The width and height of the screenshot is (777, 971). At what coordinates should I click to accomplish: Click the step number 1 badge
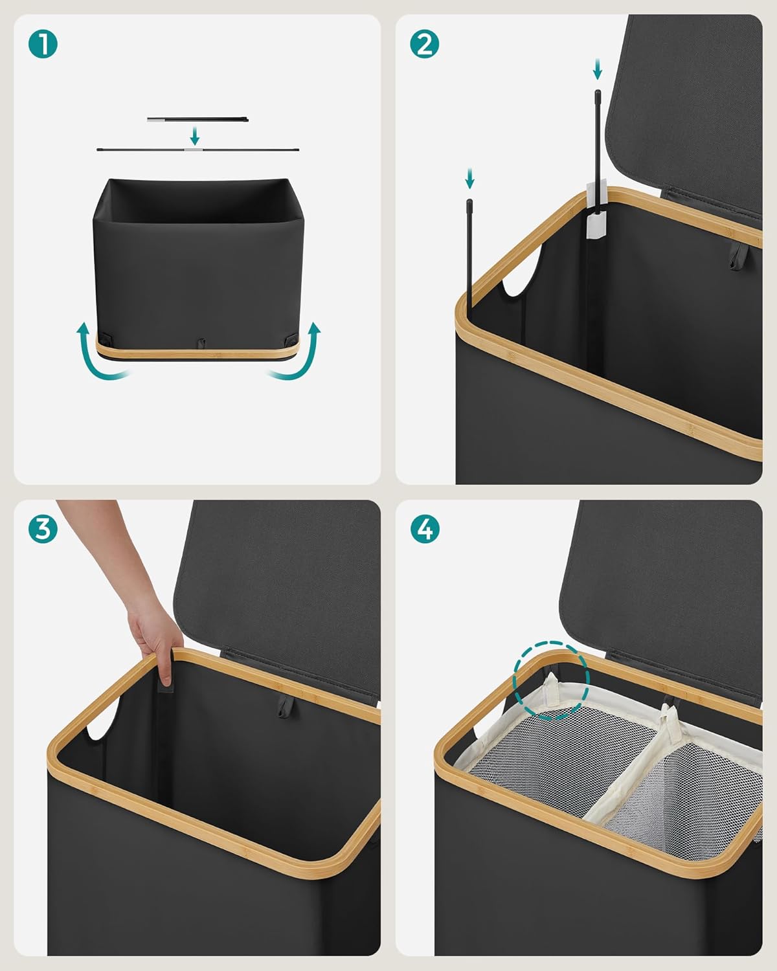click(43, 44)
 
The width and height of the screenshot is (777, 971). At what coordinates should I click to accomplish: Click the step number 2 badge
click(424, 44)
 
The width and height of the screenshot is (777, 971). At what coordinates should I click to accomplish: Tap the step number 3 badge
click(43, 529)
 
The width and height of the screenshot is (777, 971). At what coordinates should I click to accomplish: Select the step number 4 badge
click(424, 529)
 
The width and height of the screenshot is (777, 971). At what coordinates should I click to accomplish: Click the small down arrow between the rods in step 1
click(195, 135)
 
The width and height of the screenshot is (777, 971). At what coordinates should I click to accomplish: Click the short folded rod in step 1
click(197, 120)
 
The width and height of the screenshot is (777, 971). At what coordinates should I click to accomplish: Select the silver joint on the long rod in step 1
click(193, 149)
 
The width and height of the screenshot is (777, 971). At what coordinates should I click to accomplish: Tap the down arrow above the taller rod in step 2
click(597, 69)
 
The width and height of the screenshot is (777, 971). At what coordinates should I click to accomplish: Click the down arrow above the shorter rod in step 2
click(469, 178)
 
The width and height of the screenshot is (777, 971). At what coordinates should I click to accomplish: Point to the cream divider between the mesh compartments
click(632, 763)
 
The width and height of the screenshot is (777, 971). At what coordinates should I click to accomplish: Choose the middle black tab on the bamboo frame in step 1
click(201, 343)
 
